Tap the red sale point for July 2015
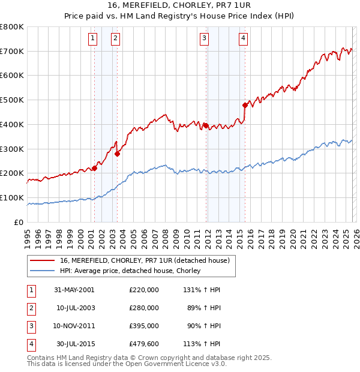pos(245,105)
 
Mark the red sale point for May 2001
pos(94,169)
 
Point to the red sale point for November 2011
pos(206,125)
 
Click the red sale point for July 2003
pos(117,154)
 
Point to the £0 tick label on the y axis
pos(19,222)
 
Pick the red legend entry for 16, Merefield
pos(145,260)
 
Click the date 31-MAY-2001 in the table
pos(74,290)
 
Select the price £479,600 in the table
pos(143,344)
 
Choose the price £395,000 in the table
pos(143,326)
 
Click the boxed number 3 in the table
pos(31,326)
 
